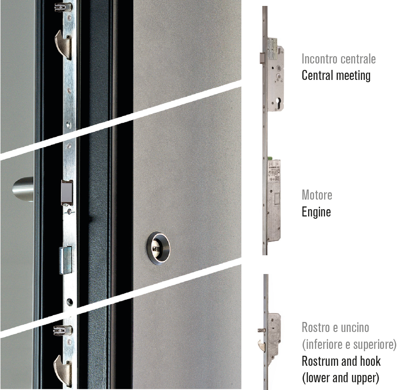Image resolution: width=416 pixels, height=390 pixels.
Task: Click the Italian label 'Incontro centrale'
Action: (x=339, y=59)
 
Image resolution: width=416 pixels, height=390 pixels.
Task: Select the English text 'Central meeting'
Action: (x=336, y=75)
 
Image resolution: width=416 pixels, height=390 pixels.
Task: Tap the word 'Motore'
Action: (x=317, y=195)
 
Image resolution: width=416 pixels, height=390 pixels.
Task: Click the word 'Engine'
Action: (x=316, y=212)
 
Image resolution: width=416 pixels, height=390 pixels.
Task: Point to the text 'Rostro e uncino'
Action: (x=336, y=327)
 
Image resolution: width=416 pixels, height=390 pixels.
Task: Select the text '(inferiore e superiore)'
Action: (x=349, y=344)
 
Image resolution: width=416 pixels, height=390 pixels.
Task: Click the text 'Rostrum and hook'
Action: (x=341, y=361)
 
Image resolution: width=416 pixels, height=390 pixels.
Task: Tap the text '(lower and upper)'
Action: (x=341, y=378)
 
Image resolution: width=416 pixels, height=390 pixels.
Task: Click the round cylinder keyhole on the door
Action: (x=159, y=248)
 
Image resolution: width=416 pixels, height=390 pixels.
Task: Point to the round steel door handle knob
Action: (x=23, y=189)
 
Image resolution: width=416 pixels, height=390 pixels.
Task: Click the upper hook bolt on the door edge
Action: (x=64, y=44)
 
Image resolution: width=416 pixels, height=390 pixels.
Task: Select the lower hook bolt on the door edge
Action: (x=63, y=370)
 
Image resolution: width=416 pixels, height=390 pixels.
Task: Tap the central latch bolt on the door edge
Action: (x=67, y=193)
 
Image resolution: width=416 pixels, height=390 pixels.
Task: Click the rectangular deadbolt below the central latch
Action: (x=65, y=260)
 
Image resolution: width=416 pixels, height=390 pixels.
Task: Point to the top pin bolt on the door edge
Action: (x=63, y=7)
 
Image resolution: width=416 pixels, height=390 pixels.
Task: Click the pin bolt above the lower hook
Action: (x=63, y=330)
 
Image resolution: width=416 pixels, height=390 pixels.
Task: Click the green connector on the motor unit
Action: (x=270, y=158)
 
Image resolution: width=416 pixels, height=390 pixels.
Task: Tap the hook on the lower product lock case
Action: (x=261, y=346)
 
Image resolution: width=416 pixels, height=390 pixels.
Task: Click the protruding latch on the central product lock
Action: (x=262, y=58)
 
